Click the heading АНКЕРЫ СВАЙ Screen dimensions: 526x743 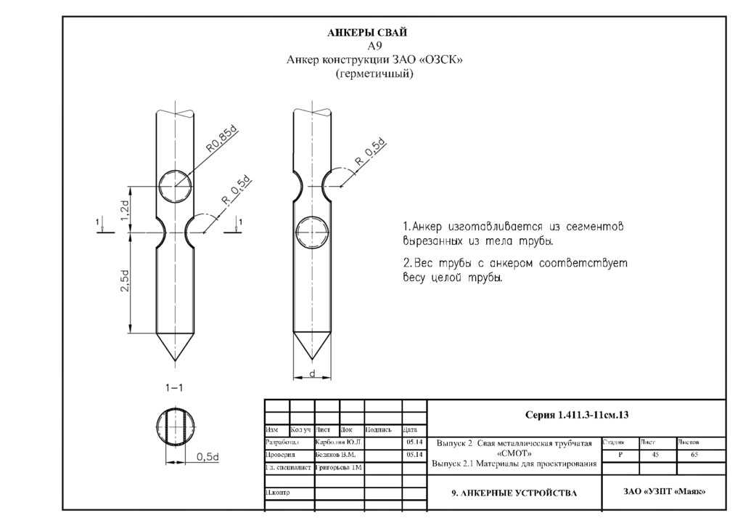click(x=368, y=33)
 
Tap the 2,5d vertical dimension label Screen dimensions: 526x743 click(x=125, y=281)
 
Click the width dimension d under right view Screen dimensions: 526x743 click(x=311, y=372)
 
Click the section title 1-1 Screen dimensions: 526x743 click(x=174, y=388)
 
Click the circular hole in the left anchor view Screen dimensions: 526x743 click(x=175, y=187)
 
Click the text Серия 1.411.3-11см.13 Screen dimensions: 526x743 click(x=576, y=415)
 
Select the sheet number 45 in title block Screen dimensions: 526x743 click(x=655, y=454)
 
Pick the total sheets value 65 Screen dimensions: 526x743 click(x=694, y=454)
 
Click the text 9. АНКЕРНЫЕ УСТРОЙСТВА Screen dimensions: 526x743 click(x=514, y=493)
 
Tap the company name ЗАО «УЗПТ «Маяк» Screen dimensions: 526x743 click(x=664, y=492)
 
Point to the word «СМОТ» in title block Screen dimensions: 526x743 click(x=514, y=453)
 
